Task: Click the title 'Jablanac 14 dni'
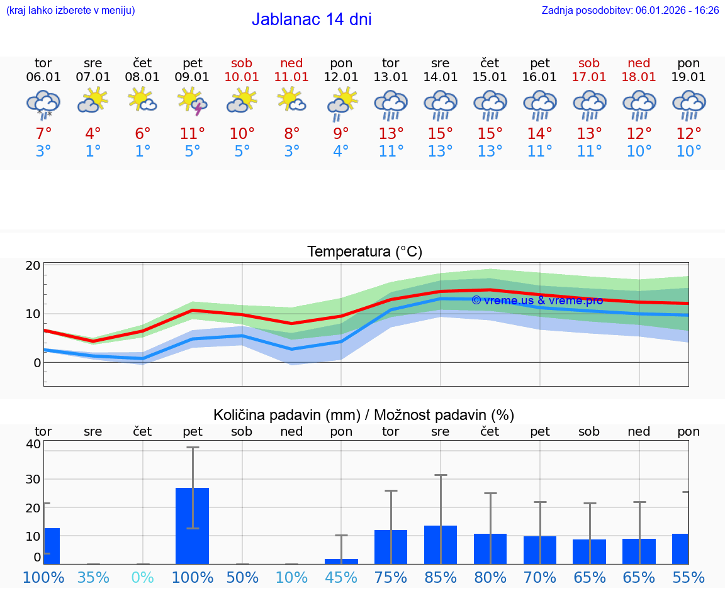312,19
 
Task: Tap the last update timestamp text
630,10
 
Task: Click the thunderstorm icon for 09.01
192,102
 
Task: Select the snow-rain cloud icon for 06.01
43,104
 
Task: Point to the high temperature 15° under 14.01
440,133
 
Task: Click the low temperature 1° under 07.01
93,151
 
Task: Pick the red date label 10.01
242,77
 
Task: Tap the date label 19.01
688,77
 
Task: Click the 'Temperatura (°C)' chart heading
364,251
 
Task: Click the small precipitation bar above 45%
341,561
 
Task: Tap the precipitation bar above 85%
440,544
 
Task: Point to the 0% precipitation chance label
143,577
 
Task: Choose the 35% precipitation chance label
93,577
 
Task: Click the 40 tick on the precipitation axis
33,444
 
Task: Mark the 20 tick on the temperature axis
33,265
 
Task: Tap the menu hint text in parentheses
70,10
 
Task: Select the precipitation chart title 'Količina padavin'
364,415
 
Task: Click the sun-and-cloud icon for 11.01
291,100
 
